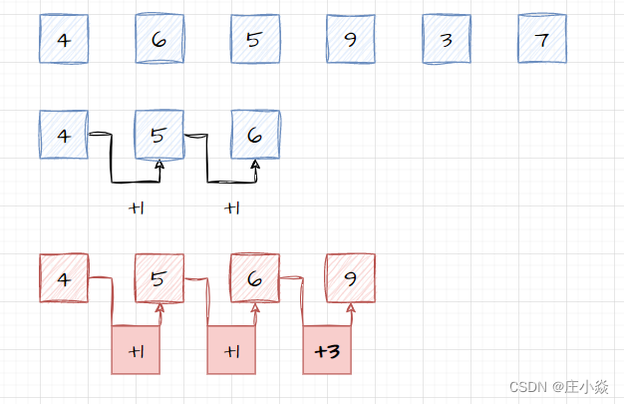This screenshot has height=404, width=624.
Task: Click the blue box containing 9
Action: (x=351, y=40)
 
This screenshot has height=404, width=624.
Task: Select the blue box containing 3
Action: (x=447, y=40)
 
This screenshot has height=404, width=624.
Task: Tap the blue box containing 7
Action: (x=542, y=40)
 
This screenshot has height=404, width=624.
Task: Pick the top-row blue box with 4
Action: (x=64, y=40)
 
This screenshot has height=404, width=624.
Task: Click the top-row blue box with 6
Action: (x=159, y=40)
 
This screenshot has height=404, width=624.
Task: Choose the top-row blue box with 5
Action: (x=255, y=40)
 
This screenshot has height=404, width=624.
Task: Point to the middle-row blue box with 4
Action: (x=64, y=135)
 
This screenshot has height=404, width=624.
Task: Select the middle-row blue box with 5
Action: (x=159, y=135)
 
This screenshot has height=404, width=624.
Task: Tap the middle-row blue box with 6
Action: (x=255, y=135)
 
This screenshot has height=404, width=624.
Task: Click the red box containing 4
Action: (x=64, y=278)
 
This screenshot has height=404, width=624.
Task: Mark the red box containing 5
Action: (x=159, y=278)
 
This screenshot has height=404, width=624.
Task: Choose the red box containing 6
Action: (x=255, y=278)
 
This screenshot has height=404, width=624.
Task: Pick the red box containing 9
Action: (x=351, y=278)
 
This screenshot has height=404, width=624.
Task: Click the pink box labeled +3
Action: (x=327, y=351)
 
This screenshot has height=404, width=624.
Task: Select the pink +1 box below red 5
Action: (x=136, y=351)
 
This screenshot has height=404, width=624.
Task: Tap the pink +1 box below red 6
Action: (x=231, y=351)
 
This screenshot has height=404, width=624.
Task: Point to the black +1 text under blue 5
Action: (x=137, y=208)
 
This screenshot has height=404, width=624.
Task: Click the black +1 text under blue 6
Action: (x=232, y=208)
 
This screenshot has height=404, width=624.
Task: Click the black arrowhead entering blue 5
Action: (x=159, y=165)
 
